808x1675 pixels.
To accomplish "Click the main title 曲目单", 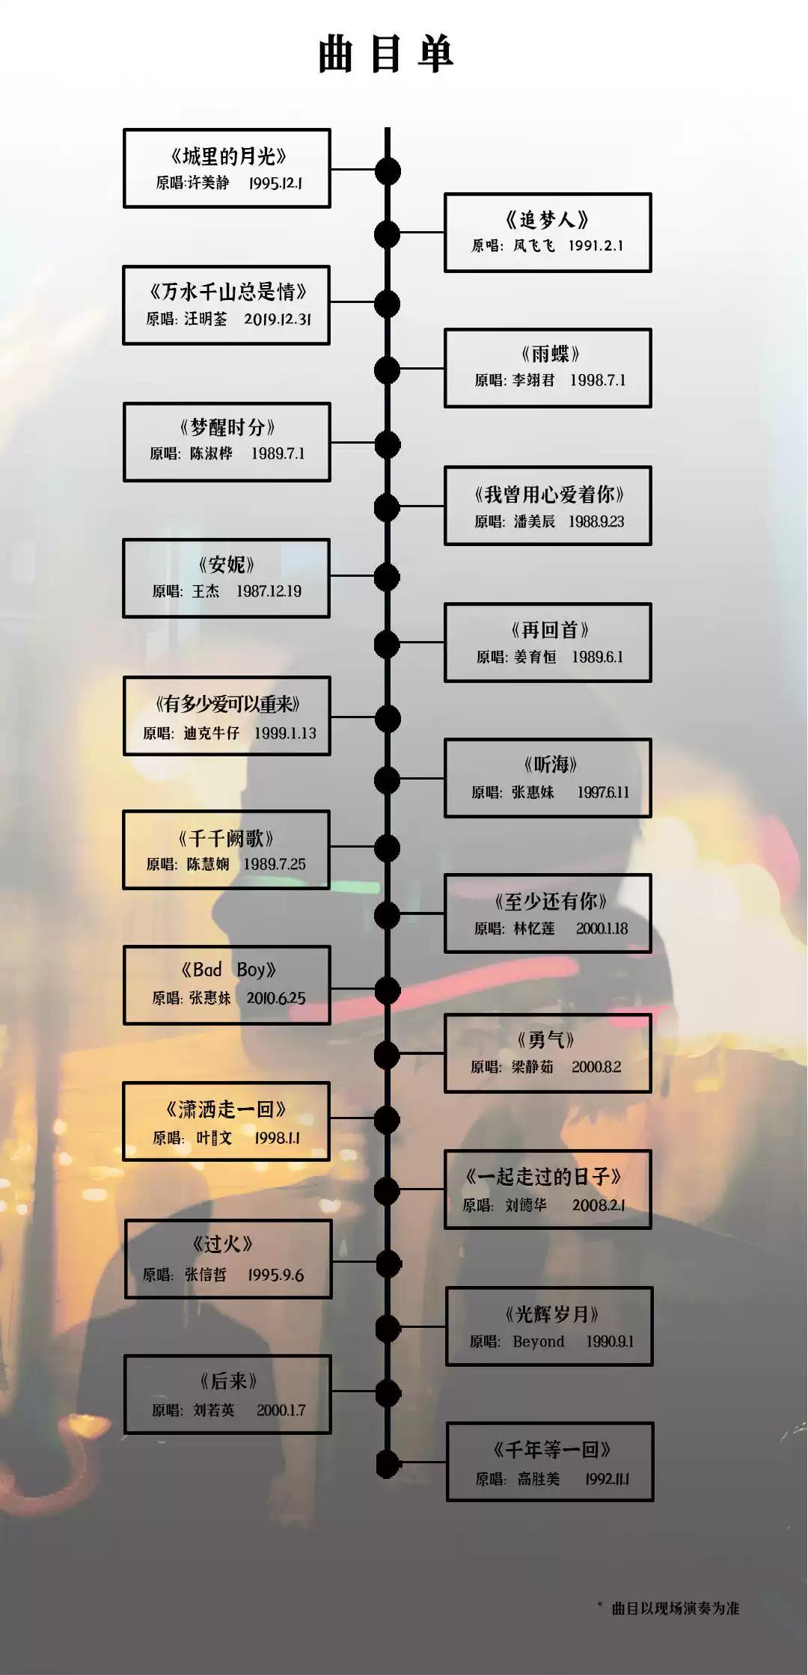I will [x=386, y=55].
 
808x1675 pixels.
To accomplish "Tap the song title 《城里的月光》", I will [x=228, y=156].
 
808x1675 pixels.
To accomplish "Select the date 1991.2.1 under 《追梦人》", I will [x=596, y=245].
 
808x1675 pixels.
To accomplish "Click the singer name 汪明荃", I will [x=206, y=319].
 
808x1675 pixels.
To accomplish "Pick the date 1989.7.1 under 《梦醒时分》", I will [x=278, y=453].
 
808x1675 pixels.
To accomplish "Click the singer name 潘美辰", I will [x=534, y=521].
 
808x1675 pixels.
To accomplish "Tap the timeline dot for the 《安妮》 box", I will [x=387, y=577].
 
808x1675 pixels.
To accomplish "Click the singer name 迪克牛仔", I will [x=212, y=733].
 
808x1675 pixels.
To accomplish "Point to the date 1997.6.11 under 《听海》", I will [x=602, y=792].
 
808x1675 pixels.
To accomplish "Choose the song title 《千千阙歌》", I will [x=226, y=838].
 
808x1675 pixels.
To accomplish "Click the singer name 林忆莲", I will [x=534, y=928].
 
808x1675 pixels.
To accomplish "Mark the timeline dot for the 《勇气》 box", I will [x=387, y=1055].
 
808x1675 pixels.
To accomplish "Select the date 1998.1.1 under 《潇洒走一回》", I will [x=277, y=1138].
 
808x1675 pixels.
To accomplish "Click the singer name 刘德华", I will [x=525, y=1205].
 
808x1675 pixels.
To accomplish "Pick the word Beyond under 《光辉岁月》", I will [x=539, y=1341].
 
